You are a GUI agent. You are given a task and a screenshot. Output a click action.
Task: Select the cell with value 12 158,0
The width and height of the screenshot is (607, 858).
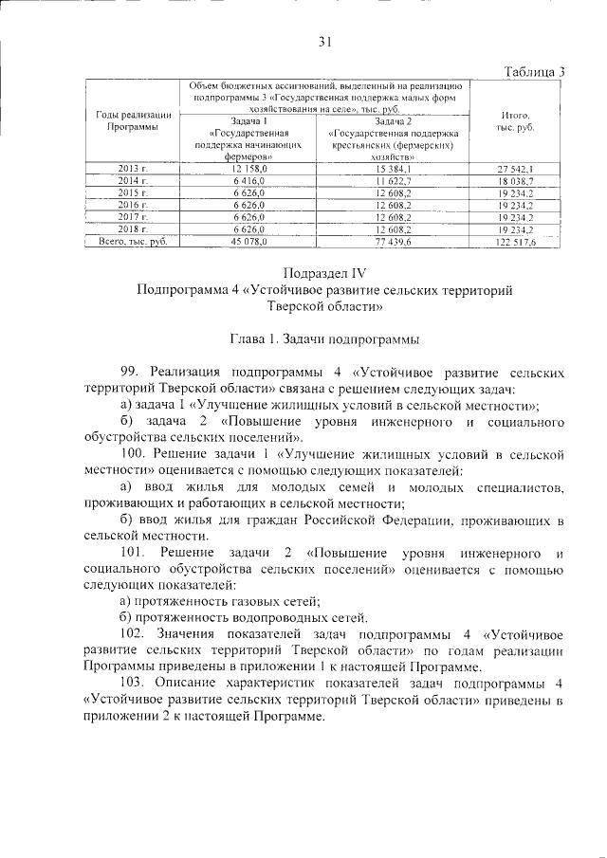250,168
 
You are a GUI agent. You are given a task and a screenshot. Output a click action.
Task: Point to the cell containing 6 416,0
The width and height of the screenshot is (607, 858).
250,180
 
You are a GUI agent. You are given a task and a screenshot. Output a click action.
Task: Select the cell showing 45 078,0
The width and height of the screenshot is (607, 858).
250,243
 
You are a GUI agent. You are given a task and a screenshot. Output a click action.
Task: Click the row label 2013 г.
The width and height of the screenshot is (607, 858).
133,168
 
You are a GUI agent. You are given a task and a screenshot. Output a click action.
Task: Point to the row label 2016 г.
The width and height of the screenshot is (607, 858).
133,205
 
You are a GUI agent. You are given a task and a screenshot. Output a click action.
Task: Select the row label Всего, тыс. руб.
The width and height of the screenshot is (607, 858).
133,243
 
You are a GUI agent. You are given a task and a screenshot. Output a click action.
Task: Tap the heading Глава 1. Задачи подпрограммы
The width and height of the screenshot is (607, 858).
324,338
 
